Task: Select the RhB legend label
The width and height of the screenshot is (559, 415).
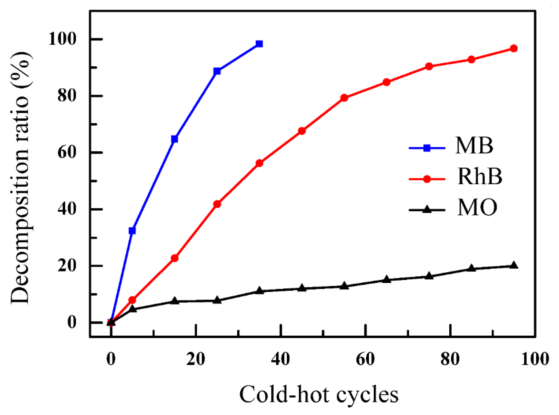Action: (x=479, y=177)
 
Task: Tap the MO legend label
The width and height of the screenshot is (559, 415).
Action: (x=477, y=207)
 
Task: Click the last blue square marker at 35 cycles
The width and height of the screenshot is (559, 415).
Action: (x=259, y=44)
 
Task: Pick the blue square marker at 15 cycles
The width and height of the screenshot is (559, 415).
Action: (x=174, y=139)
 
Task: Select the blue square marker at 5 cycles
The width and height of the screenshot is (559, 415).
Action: (x=132, y=230)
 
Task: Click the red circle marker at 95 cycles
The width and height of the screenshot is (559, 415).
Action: (x=514, y=48)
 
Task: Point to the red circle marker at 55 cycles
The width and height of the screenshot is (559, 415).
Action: (x=344, y=98)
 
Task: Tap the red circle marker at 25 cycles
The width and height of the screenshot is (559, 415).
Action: (x=217, y=204)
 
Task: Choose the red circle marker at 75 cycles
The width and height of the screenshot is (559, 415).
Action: (x=429, y=66)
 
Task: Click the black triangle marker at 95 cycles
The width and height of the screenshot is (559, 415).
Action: (x=514, y=266)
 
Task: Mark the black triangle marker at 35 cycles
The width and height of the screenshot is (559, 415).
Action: (x=259, y=291)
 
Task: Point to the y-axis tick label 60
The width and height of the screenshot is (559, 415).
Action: (x=66, y=153)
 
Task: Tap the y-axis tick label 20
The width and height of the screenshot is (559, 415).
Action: (x=66, y=266)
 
